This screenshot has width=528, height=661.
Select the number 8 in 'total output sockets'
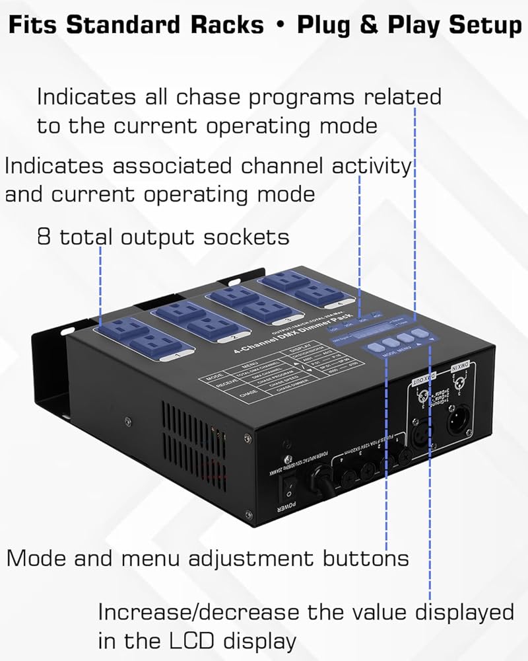click(x=44, y=237)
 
